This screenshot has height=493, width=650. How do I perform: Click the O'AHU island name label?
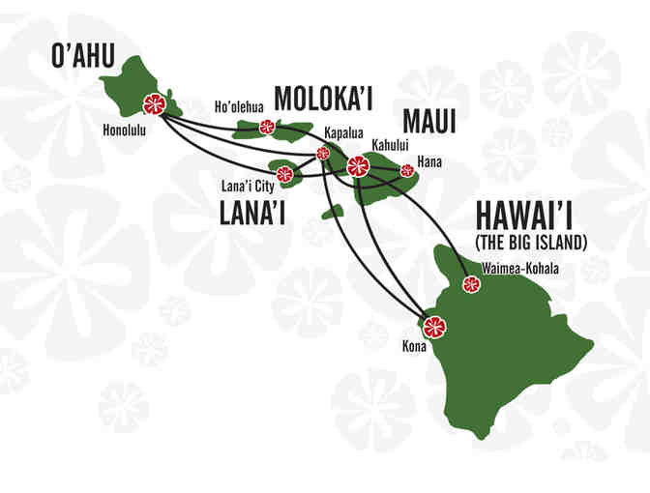click(x=85, y=57)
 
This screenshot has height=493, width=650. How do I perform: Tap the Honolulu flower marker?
click(x=152, y=104)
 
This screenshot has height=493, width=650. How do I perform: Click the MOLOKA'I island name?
click(x=324, y=98)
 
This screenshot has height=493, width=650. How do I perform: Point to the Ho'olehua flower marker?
click(x=267, y=127)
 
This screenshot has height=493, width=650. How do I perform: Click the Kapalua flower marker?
click(x=323, y=153)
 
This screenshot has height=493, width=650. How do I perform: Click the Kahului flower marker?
click(x=358, y=165)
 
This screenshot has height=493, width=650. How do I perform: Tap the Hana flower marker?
click(x=407, y=170)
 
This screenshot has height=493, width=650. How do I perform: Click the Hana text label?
click(x=428, y=161)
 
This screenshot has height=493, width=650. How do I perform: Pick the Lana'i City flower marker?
click(x=284, y=175)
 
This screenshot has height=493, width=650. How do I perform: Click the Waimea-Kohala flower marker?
click(x=471, y=284)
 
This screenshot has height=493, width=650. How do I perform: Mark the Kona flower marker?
click(x=434, y=326)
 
